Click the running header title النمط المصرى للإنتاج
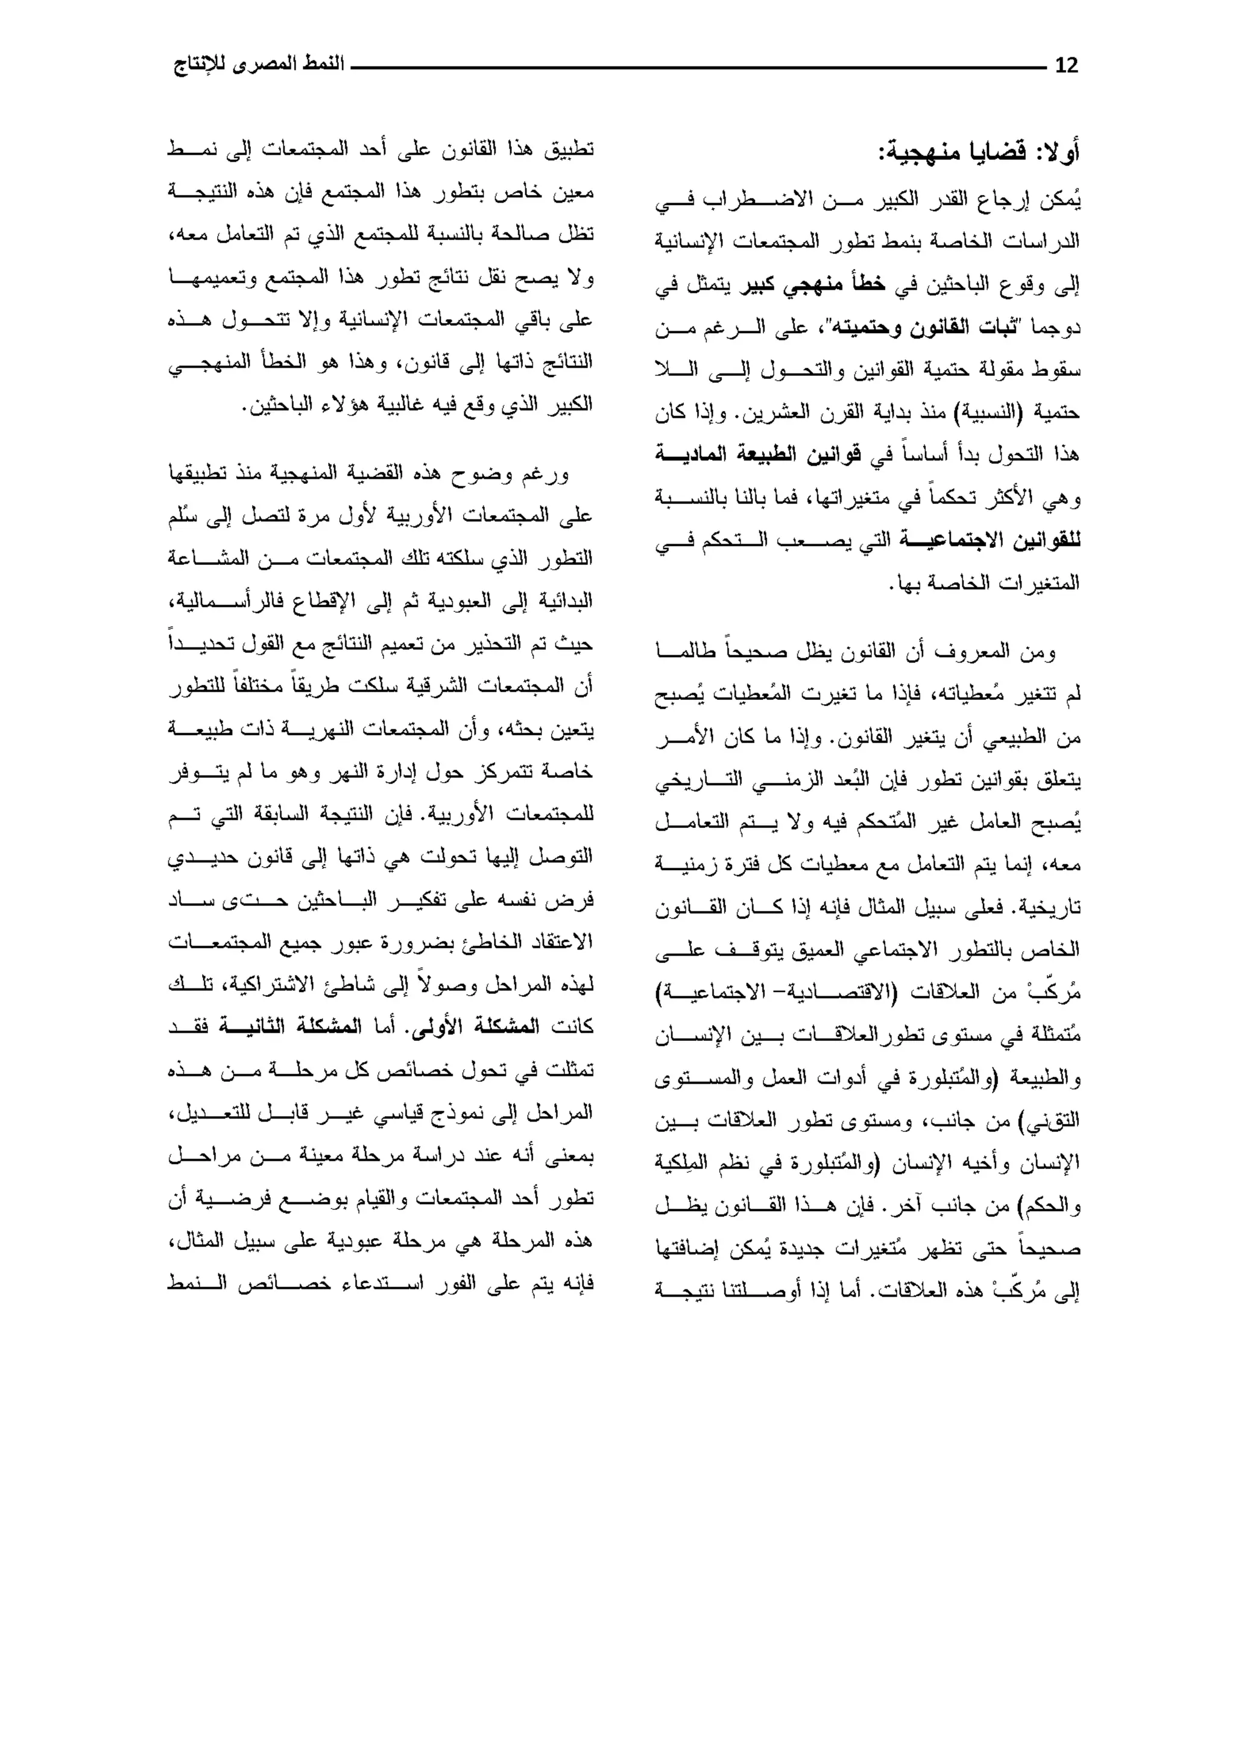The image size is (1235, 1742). coord(259,64)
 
